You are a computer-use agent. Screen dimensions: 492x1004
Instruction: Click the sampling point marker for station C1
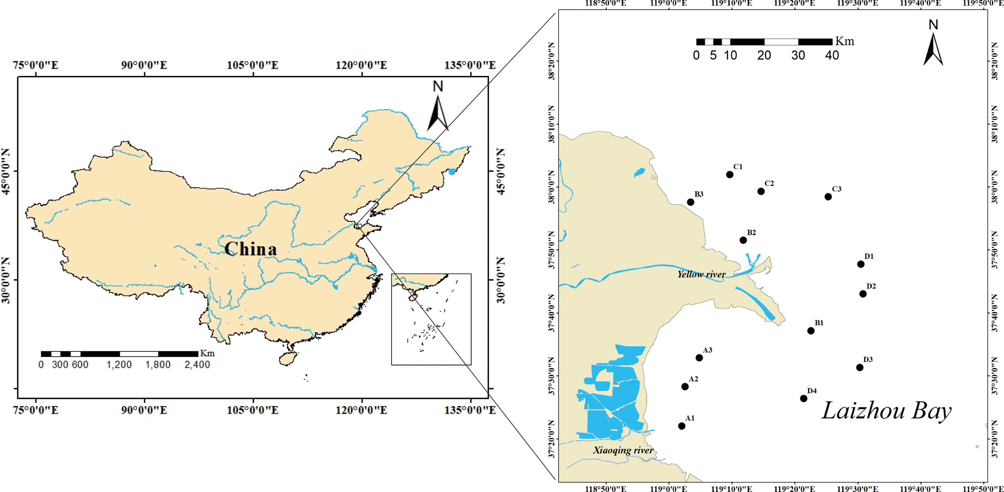(x=730, y=175)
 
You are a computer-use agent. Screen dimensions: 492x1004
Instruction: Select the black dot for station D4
(x=804, y=398)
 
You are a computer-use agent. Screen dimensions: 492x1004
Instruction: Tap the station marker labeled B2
(x=743, y=240)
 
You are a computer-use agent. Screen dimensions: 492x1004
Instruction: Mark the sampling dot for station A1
(x=682, y=426)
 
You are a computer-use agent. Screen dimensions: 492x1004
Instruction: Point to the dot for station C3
(x=828, y=197)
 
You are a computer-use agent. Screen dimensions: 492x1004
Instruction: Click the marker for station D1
(x=861, y=264)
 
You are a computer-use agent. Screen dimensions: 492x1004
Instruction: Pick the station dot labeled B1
(x=811, y=331)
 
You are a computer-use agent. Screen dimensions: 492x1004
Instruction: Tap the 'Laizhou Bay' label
(x=886, y=411)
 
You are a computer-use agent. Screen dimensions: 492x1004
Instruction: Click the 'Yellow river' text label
(x=701, y=275)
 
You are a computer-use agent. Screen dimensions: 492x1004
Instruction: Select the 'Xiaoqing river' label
(x=623, y=450)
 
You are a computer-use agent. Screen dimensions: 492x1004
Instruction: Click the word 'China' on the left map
(x=251, y=249)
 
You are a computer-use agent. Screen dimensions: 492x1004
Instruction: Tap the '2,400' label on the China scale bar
(x=197, y=365)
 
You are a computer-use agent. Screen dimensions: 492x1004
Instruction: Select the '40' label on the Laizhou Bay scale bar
(x=832, y=55)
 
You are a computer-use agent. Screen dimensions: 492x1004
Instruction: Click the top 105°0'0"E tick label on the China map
(x=253, y=65)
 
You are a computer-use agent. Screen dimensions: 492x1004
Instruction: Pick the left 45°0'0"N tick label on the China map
(x=6, y=171)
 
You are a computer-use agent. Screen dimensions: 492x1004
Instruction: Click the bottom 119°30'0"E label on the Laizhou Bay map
(x=857, y=488)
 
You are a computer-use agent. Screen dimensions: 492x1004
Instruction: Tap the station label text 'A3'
(x=708, y=350)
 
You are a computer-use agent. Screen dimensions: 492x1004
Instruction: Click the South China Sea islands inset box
(x=431, y=319)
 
